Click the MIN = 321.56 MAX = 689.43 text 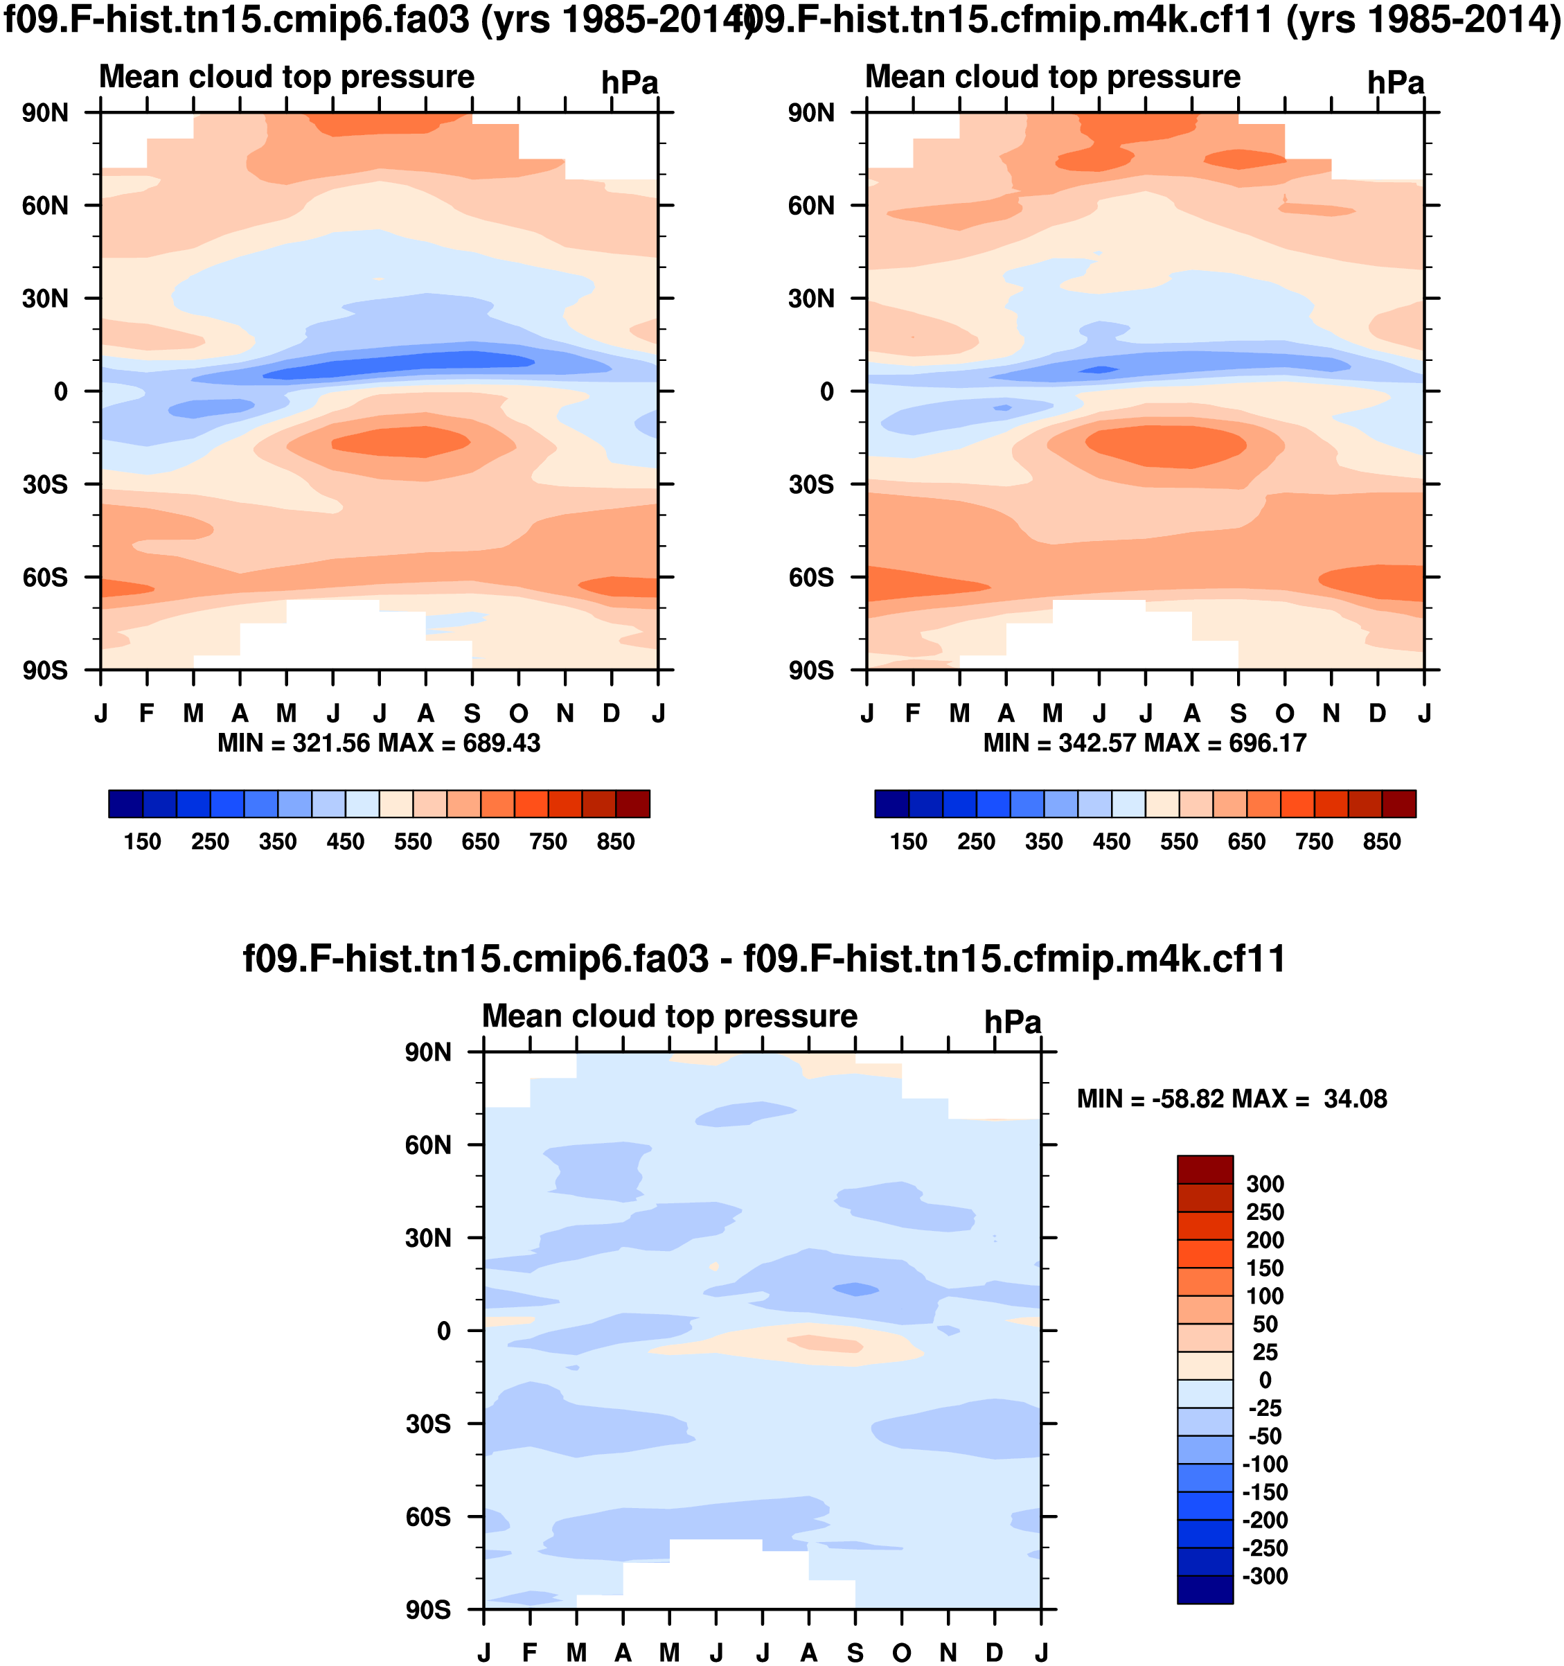[379, 743]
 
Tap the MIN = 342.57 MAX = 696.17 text [1145, 743]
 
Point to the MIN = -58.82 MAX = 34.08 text [1232, 1099]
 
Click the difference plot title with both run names [763, 959]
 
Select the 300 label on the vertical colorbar [1265, 1184]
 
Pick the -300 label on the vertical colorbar [1265, 1577]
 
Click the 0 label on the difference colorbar [1265, 1380]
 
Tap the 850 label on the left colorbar [615, 842]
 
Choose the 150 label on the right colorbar [909, 842]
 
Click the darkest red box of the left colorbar [633, 804]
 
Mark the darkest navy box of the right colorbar [892, 804]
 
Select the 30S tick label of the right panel [810, 485]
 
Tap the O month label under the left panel [519, 714]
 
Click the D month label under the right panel [1377, 714]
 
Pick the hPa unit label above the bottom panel [1013, 1023]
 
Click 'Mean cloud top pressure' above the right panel [1053, 77]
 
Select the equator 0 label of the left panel [60, 392]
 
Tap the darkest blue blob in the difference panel [855, 1289]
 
